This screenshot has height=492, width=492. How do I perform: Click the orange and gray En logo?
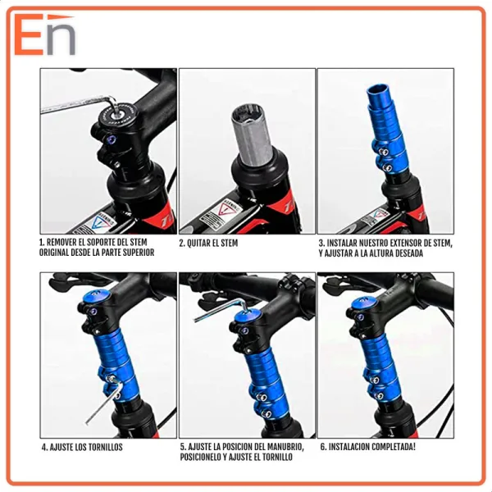click(45, 34)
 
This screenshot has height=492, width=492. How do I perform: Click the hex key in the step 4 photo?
click(105, 401)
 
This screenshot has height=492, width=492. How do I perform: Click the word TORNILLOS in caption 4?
click(106, 447)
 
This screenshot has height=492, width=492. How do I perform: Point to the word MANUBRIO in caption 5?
click(285, 447)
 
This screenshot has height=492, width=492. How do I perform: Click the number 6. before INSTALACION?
click(323, 446)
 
